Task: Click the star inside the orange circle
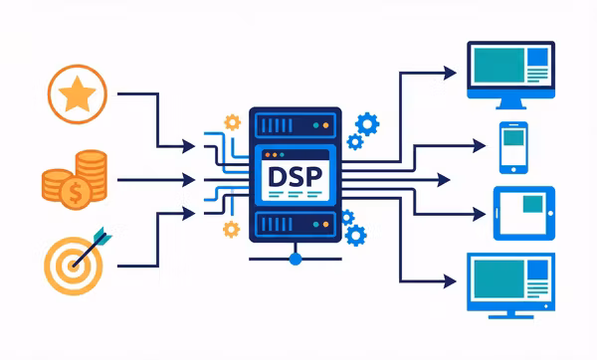pyautogui.click(x=77, y=94)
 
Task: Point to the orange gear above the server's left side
pyautogui.click(x=233, y=122)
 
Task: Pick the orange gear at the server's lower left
pyautogui.click(x=232, y=229)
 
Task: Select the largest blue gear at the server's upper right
pyautogui.click(x=367, y=124)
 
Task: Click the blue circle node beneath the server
pyautogui.click(x=295, y=259)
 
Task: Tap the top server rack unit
pyautogui.click(x=294, y=124)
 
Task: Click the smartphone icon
pyautogui.click(x=511, y=147)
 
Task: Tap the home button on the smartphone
pyautogui.click(x=511, y=168)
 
